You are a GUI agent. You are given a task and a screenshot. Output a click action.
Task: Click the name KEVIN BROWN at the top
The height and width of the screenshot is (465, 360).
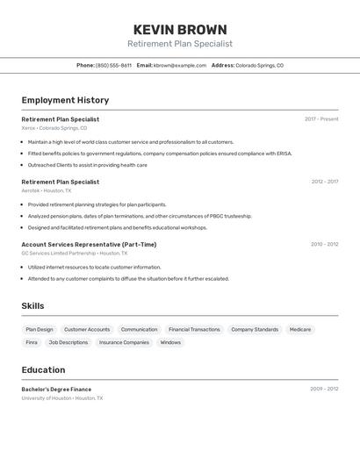180,30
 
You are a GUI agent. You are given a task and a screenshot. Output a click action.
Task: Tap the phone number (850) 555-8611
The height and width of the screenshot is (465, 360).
113,65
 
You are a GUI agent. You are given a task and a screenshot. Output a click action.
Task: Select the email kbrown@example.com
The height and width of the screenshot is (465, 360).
180,65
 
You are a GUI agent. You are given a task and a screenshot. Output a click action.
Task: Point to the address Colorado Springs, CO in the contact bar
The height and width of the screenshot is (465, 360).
259,65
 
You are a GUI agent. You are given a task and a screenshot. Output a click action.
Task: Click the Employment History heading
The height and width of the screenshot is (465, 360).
65,100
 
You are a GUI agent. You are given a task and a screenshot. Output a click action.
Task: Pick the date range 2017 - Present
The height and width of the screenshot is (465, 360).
321,119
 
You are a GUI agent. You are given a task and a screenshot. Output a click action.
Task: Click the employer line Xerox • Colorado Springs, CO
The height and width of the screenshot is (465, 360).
54,128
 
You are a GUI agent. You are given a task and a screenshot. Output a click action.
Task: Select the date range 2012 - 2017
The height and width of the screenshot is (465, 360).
324,182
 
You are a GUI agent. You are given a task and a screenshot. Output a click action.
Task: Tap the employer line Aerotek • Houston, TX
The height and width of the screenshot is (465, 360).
47,190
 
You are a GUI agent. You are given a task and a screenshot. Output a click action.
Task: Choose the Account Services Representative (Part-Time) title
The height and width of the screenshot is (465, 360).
89,244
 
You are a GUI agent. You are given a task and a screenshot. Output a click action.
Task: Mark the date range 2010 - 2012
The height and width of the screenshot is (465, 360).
324,244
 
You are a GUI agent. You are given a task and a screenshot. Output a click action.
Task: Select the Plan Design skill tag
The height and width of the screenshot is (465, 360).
40,330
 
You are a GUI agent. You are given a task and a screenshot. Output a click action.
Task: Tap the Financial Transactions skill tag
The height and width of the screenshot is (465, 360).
194,330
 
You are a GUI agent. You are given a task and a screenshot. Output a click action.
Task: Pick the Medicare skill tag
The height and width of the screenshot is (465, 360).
300,330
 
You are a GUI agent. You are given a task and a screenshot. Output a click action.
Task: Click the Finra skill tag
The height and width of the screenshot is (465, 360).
32,343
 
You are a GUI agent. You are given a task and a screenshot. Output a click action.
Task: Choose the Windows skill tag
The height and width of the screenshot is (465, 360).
170,343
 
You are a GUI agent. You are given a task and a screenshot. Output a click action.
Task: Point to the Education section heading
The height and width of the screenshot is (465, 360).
43,369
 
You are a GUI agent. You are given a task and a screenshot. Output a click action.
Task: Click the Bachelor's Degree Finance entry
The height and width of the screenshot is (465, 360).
56,389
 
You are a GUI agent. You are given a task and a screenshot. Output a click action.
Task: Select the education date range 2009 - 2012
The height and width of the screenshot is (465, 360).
324,389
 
